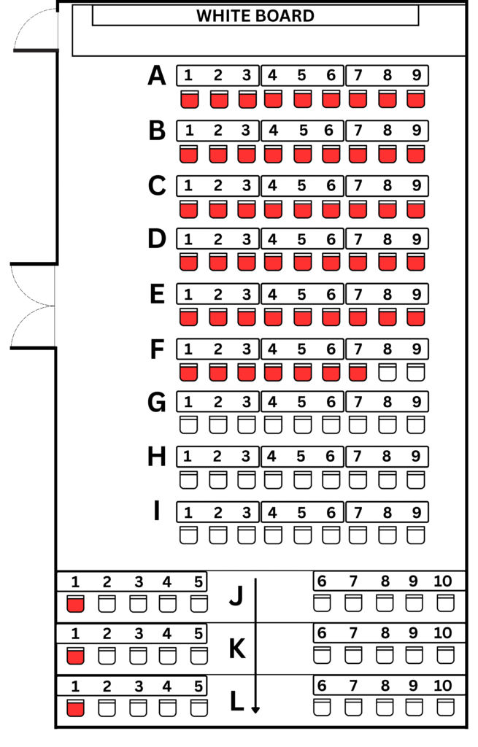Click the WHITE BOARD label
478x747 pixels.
tap(255, 16)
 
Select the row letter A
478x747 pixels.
tap(157, 76)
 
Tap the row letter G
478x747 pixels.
tap(157, 402)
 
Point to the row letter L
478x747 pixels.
tap(236, 701)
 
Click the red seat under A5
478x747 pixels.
tap(303, 99)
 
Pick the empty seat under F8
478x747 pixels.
tap(388, 373)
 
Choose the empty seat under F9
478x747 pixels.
tap(416, 373)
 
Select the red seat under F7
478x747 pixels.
tap(358, 373)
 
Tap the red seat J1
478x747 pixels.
tap(75, 603)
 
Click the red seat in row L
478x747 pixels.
tap(75, 708)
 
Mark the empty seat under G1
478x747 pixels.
tap(189, 425)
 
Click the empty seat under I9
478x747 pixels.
tap(416, 535)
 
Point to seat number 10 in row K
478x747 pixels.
tap(443, 632)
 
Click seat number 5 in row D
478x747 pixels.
tap(301, 239)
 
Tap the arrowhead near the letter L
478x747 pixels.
tap(255, 709)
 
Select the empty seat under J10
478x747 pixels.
tap(446, 603)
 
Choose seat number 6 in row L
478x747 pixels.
tap(322, 685)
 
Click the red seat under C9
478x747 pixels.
tap(416, 209)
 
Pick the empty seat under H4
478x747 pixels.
tap(273, 480)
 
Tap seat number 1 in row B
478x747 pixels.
tap(190, 131)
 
